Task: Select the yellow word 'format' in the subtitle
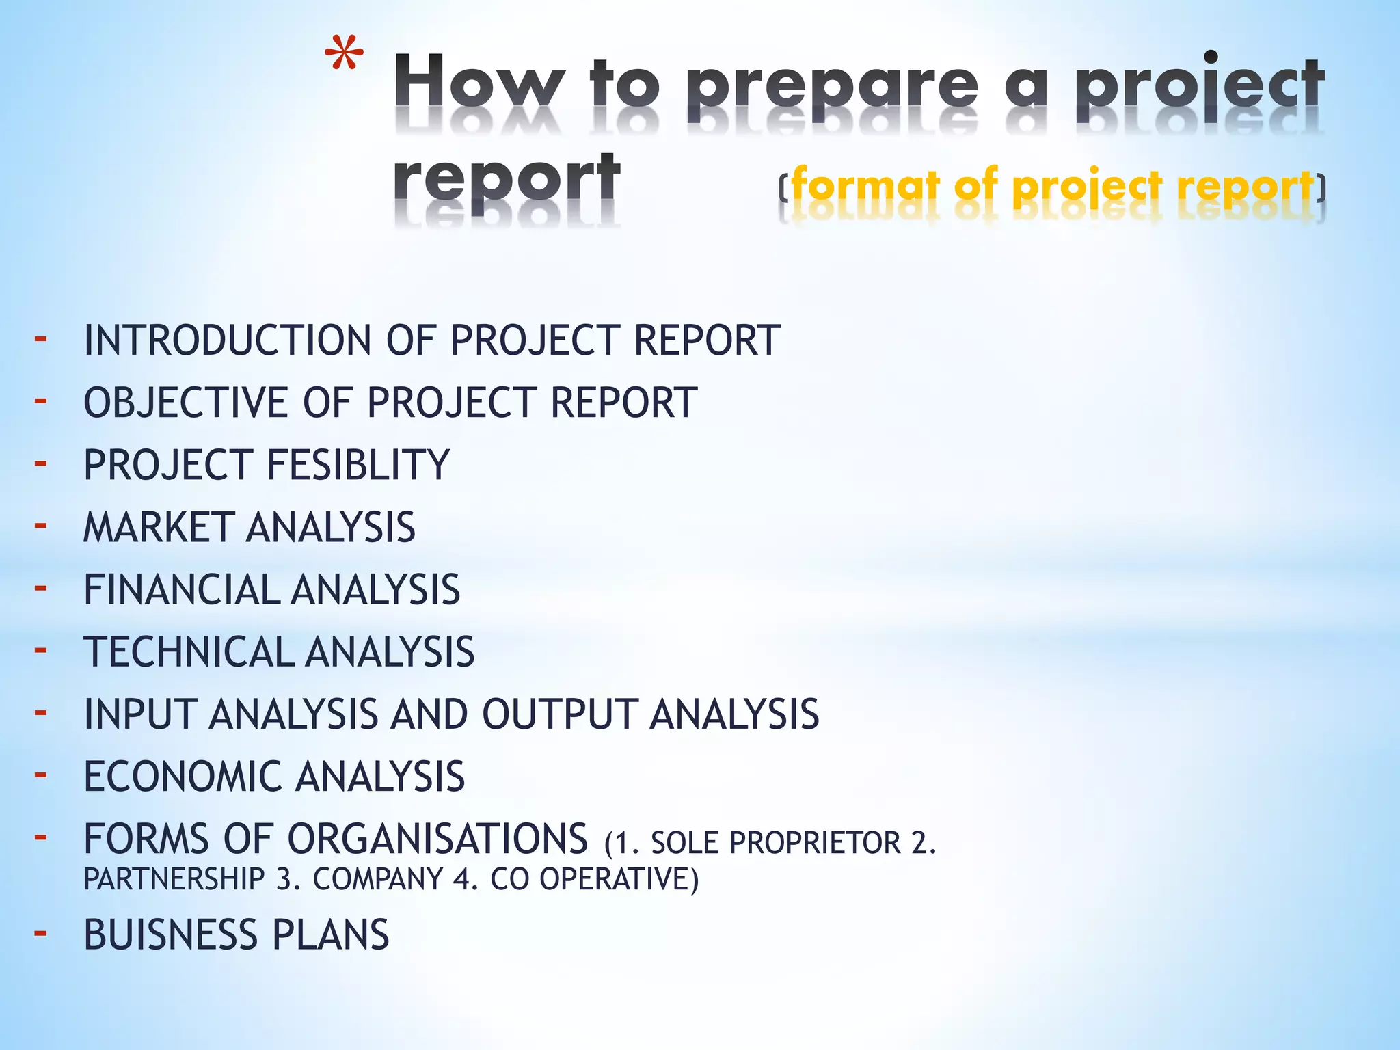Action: pyautogui.click(x=865, y=186)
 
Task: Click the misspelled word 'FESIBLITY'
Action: pyautogui.click(x=358, y=465)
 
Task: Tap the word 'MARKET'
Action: pyautogui.click(x=159, y=527)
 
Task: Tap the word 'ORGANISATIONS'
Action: pyautogui.click(x=437, y=839)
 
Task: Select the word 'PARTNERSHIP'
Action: pyautogui.click(x=174, y=879)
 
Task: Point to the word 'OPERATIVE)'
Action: pyautogui.click(x=619, y=879)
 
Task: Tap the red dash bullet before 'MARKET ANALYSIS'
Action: pyautogui.click(x=41, y=525)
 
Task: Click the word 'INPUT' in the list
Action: pyautogui.click(x=141, y=714)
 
